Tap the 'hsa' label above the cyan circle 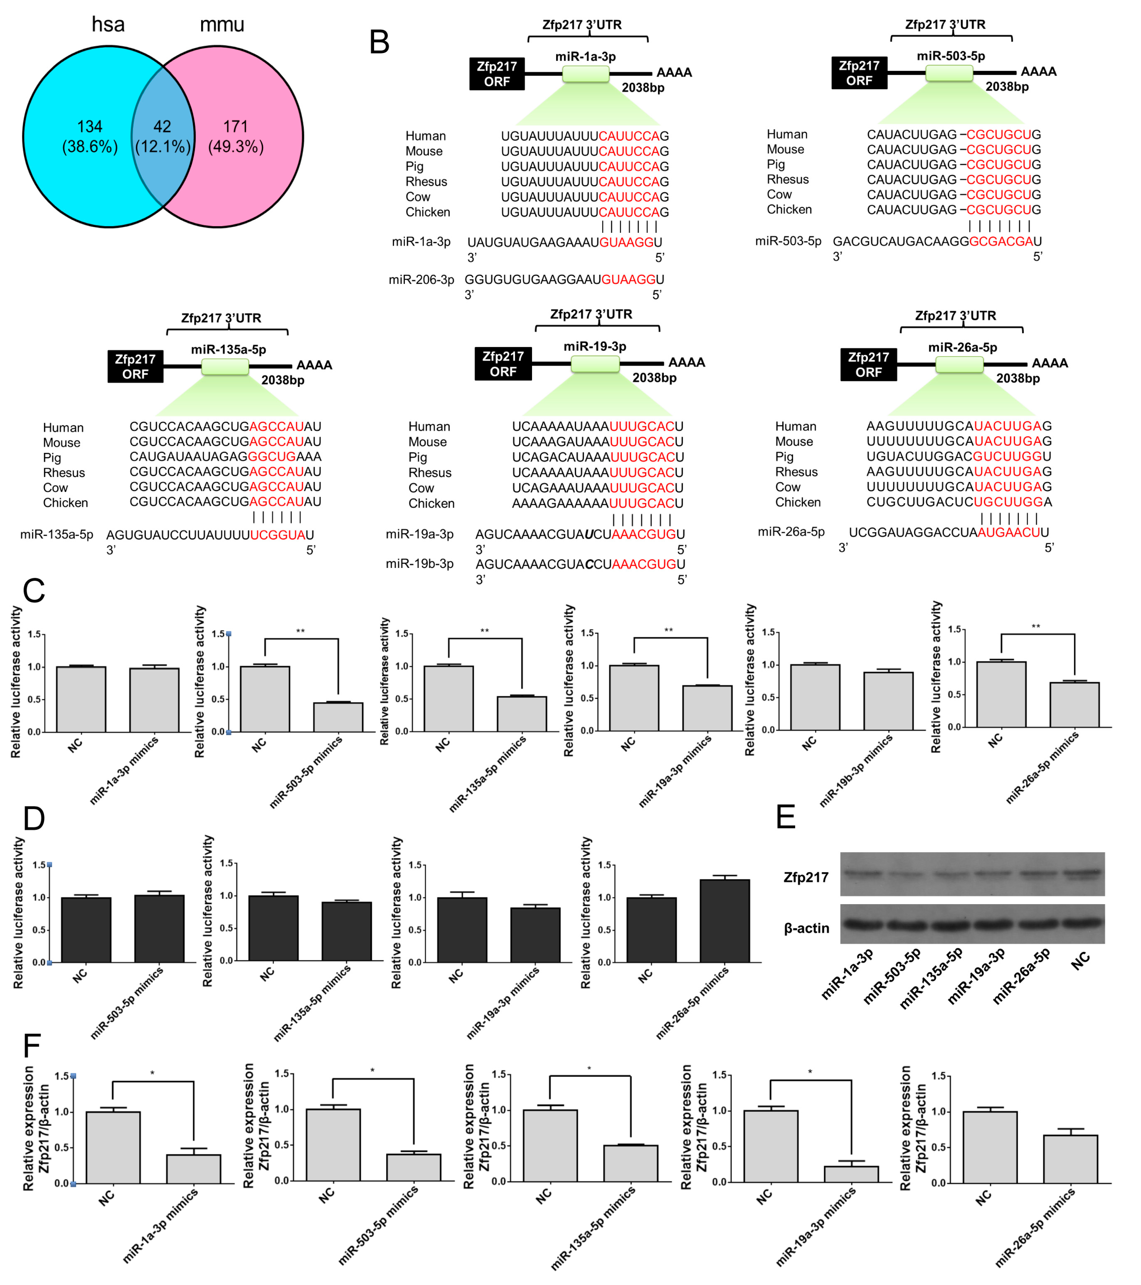pos(108,24)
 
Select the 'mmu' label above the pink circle pos(221,24)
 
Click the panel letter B pos(379,42)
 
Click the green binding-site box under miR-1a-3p pos(586,74)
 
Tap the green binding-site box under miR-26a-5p pos(959,365)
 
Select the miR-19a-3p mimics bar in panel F pos(851,1174)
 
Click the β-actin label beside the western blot pos(806,928)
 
